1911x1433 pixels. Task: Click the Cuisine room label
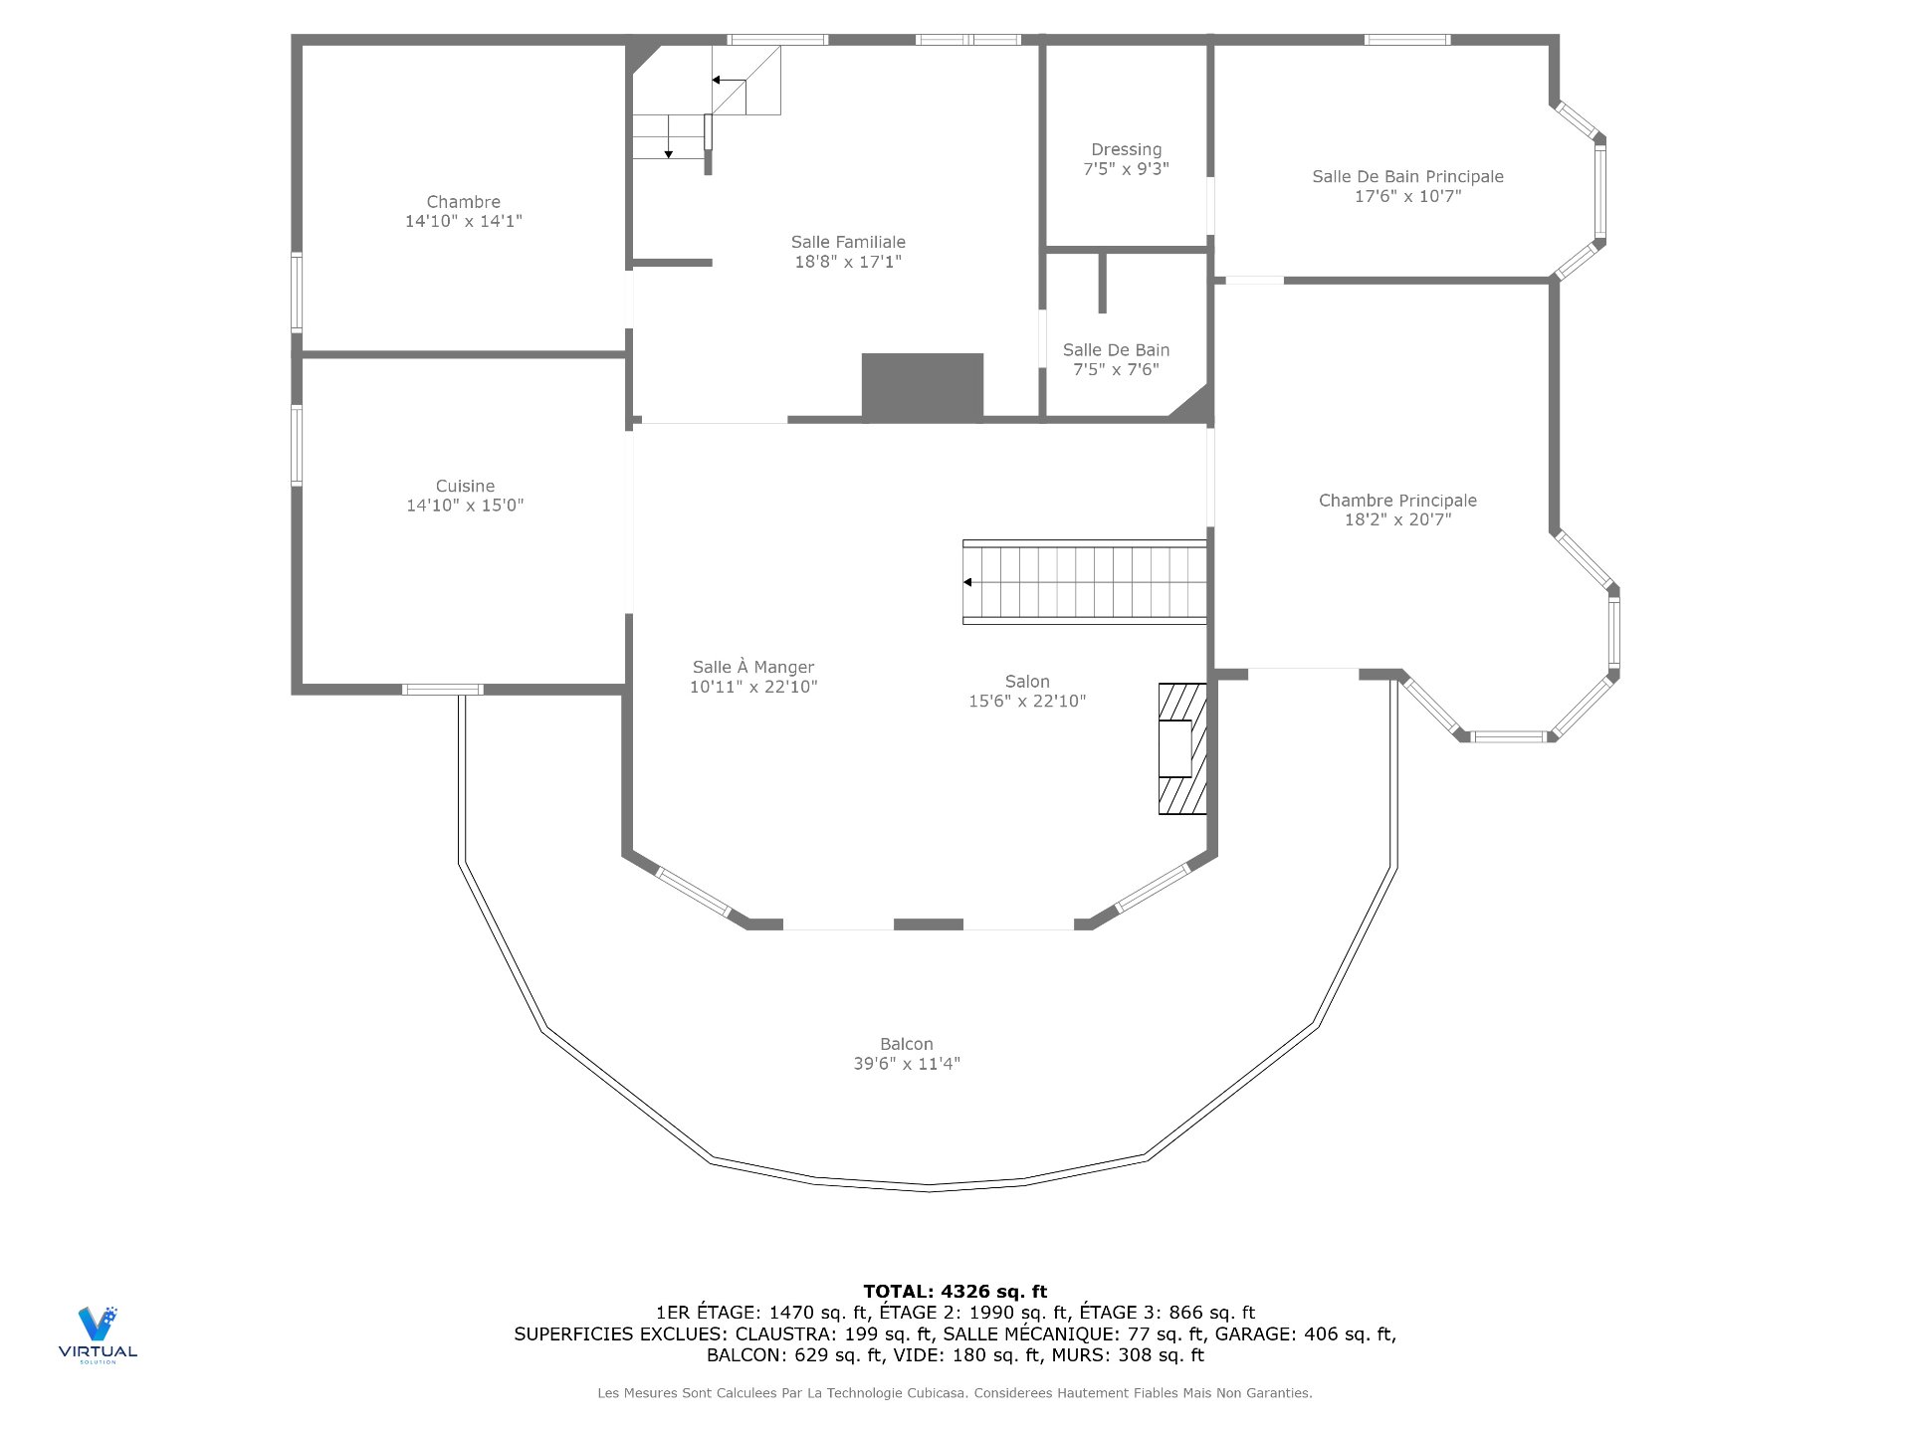click(465, 486)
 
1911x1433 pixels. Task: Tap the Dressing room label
click(1126, 149)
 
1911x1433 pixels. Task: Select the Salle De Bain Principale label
click(1407, 176)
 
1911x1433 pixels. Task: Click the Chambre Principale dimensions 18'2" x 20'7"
click(1397, 519)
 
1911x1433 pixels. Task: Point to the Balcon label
click(906, 1044)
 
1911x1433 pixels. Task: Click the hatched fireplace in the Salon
click(1182, 748)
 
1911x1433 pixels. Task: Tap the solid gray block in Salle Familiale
click(922, 386)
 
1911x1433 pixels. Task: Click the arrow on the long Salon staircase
click(967, 582)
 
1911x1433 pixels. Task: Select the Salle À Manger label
click(753, 667)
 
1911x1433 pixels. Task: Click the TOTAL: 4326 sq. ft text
click(955, 1292)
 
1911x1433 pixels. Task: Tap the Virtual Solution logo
click(98, 1333)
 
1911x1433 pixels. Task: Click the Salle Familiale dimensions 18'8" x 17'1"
click(848, 262)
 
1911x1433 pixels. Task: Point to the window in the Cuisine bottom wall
click(443, 690)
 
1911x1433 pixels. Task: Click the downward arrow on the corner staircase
click(669, 152)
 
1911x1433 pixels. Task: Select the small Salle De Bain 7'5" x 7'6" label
click(1116, 359)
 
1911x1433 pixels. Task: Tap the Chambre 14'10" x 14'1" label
click(463, 211)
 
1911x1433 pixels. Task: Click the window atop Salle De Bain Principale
click(1406, 40)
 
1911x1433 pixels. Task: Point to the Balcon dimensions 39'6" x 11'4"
click(906, 1064)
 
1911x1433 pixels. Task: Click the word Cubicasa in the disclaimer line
click(935, 1393)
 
